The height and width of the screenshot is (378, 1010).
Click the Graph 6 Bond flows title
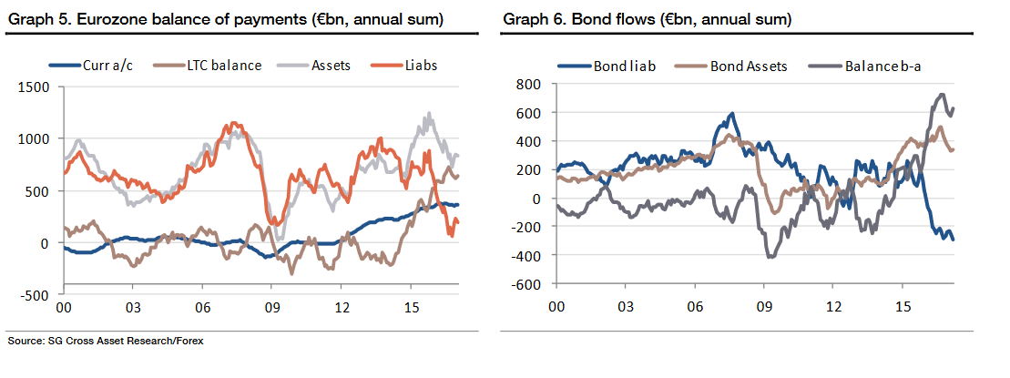(646, 18)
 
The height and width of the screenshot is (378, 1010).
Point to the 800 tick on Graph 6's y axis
(529, 84)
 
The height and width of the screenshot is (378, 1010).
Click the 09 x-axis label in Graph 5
(271, 310)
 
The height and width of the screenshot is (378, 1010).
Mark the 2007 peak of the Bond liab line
(731, 115)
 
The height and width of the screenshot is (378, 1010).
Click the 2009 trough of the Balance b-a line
(771, 257)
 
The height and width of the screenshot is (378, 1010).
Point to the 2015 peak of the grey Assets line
(429, 115)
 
